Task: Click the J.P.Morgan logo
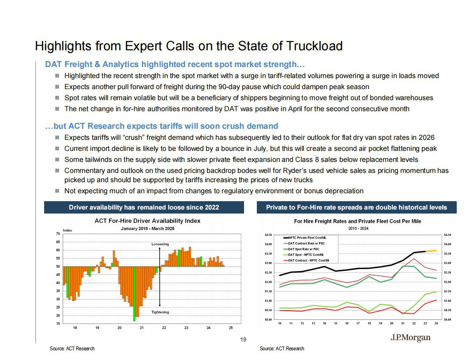(x=410, y=338)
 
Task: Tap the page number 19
(x=243, y=340)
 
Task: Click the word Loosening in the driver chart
(x=160, y=244)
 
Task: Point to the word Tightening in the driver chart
(x=160, y=312)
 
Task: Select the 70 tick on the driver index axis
(x=58, y=234)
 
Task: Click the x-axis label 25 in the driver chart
(x=231, y=328)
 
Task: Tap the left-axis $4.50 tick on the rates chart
(x=268, y=235)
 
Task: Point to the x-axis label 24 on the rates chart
(x=436, y=323)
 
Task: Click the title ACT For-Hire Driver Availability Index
(x=147, y=221)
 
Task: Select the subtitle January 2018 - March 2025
(x=148, y=229)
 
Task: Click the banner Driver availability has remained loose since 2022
(x=144, y=207)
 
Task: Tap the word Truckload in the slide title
(x=314, y=46)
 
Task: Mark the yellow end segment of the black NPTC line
(x=431, y=251)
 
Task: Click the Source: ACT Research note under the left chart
(x=72, y=349)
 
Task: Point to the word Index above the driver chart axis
(x=68, y=230)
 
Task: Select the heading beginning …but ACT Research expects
(x=162, y=126)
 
